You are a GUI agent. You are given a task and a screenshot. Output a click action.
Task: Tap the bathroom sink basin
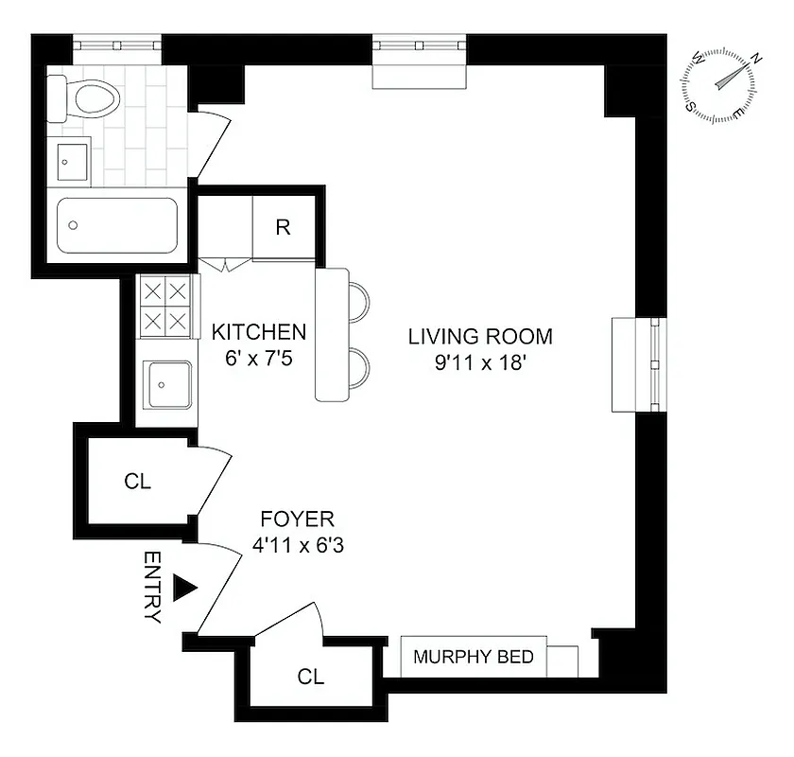[73, 161]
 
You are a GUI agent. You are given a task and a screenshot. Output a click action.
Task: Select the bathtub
[116, 224]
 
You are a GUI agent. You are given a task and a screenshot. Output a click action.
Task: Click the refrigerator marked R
[283, 227]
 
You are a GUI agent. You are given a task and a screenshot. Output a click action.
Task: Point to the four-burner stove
[165, 305]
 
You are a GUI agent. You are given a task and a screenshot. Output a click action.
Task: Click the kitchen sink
[168, 385]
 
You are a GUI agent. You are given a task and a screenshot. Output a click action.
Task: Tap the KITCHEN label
[258, 332]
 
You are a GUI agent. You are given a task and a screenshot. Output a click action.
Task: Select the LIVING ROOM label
[479, 336]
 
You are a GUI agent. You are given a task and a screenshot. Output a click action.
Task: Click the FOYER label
[296, 519]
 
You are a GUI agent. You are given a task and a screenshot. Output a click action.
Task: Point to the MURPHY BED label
[474, 657]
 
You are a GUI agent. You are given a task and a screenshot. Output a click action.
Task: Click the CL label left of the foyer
[137, 481]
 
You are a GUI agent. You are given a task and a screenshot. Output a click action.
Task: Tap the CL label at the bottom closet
[310, 677]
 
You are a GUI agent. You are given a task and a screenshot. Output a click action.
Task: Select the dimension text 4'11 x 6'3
[296, 545]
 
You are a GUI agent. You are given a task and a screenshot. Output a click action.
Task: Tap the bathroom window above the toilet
[117, 44]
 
